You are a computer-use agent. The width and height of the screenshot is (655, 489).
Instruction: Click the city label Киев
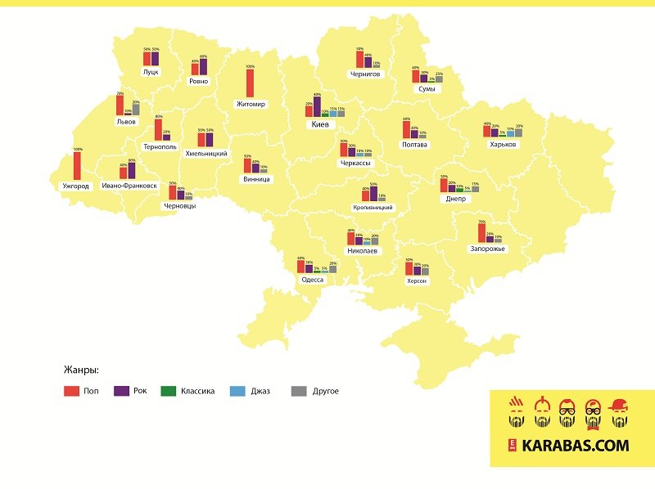coord(319,125)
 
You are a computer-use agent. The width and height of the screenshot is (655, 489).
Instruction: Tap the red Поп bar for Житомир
coord(250,83)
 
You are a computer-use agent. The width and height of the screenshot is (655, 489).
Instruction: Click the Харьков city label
coord(503,144)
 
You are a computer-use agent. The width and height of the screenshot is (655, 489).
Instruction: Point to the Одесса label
coord(313,280)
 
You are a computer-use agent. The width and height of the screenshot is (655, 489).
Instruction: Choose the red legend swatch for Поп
coord(70,391)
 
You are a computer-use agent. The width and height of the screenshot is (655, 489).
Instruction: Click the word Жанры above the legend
coord(81,369)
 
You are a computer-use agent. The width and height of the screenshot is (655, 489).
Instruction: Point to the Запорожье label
coord(487,249)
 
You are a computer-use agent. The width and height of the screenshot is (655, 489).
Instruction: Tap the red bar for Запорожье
coord(481,232)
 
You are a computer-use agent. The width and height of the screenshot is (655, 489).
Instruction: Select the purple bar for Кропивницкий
coord(374,193)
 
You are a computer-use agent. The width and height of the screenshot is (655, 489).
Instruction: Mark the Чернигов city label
coord(364,74)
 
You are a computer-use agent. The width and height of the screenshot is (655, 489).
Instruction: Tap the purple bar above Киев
coord(317,106)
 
